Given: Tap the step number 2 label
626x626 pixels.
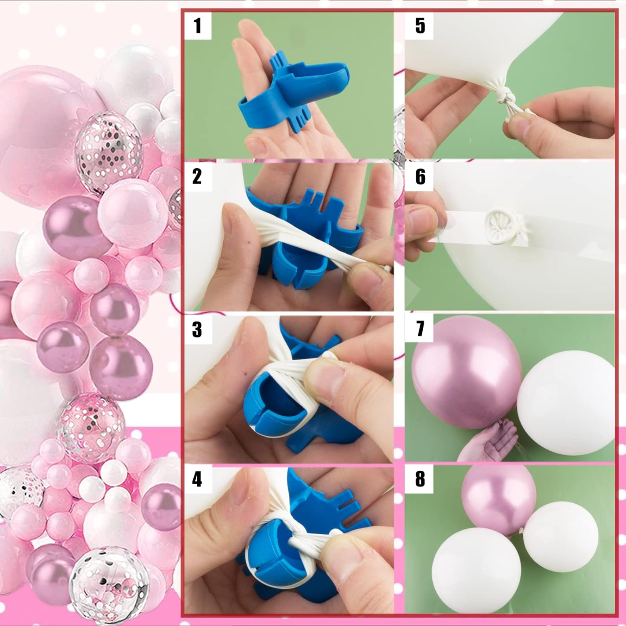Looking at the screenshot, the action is (197, 176).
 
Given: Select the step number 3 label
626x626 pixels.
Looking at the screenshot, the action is (197, 329).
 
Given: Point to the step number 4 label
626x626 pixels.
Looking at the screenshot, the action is (197, 480).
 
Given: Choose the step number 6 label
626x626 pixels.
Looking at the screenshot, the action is (420, 177).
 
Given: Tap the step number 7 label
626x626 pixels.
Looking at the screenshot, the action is (420, 329).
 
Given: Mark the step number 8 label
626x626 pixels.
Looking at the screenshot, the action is (420, 480).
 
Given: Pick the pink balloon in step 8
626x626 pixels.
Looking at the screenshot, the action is (498, 499).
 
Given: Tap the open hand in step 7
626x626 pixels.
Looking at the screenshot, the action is (486, 442).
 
